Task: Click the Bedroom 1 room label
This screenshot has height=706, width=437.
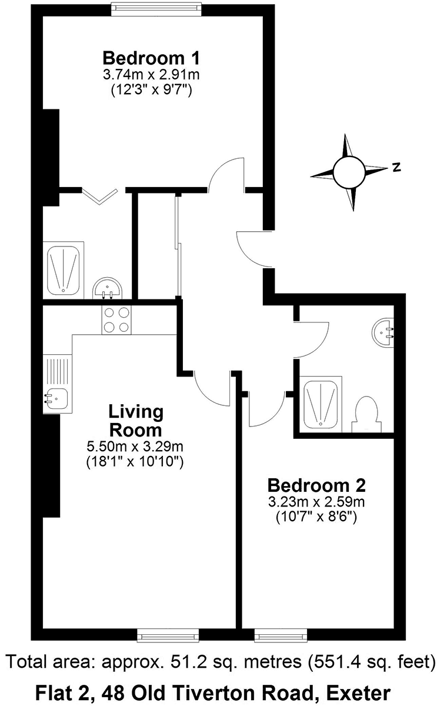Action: [x=151, y=58]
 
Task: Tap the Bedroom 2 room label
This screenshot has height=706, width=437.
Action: [x=316, y=485]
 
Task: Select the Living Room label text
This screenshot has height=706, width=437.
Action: [x=136, y=421]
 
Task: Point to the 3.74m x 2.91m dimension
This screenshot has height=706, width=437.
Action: [x=151, y=75]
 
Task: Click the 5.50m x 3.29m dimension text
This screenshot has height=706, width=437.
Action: [x=135, y=447]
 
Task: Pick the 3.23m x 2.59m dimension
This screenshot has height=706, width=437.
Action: [x=316, y=502]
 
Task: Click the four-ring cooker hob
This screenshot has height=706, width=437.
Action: [x=116, y=320]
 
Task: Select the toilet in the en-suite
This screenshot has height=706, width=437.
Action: [x=366, y=415]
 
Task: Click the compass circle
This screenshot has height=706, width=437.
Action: [x=349, y=172]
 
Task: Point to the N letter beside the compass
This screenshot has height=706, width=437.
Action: [x=396, y=167]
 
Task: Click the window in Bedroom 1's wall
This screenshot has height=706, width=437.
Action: [x=156, y=9]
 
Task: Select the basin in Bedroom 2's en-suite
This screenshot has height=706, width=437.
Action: [x=383, y=333]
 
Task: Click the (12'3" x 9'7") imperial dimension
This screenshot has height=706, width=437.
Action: [x=151, y=91]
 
